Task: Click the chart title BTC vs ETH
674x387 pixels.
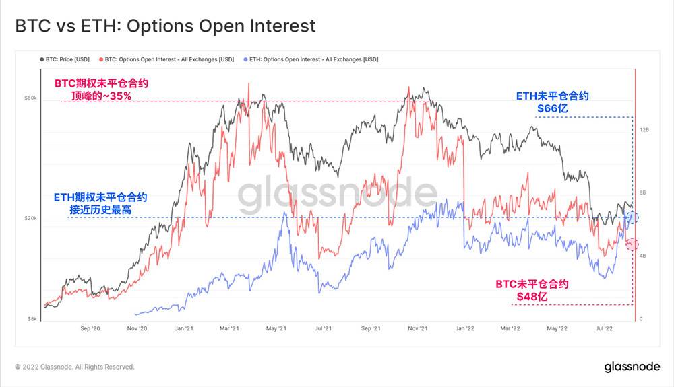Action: coord(165,26)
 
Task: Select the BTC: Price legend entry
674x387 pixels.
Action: coord(65,59)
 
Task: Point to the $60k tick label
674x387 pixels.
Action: coord(30,98)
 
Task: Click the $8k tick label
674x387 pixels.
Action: coord(32,319)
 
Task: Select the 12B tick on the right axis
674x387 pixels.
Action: coord(644,129)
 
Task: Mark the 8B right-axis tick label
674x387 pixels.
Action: coord(644,192)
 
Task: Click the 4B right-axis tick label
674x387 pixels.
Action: coord(644,256)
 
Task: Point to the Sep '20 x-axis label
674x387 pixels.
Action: coord(90,329)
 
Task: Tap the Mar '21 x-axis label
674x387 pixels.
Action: coord(230,329)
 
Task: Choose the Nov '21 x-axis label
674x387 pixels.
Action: coord(418,329)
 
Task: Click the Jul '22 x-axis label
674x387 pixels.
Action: coord(603,329)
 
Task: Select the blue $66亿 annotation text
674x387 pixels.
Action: coord(553,108)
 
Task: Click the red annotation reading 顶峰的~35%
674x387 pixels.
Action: coord(101,96)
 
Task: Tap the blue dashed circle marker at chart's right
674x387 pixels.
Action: coord(632,217)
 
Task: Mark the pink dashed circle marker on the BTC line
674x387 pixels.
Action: coord(632,244)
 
